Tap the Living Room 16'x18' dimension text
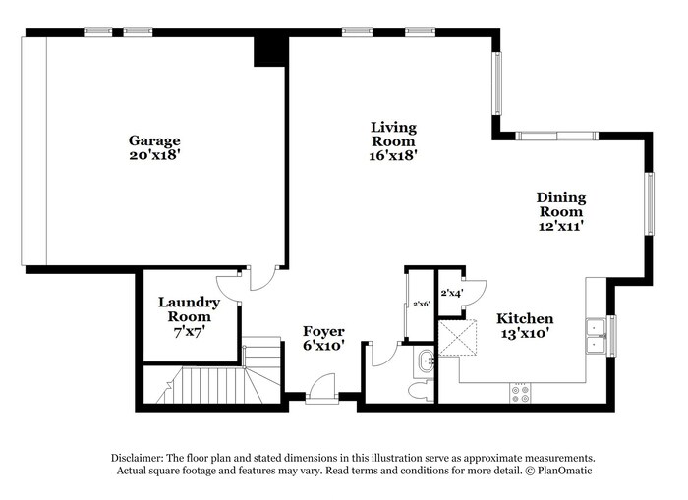393,155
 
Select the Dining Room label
561,204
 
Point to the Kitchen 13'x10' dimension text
525,333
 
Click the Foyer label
323,331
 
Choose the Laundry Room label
189,309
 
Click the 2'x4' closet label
452,293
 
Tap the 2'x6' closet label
421,304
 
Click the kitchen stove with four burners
520,393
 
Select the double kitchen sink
596,336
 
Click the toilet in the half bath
421,390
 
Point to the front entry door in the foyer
322,388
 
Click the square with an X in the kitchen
457,337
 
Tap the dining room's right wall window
650,203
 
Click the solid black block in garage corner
270,51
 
